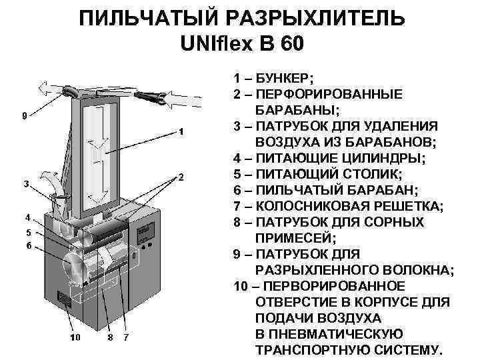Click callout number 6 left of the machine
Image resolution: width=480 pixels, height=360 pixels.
click(x=29, y=245)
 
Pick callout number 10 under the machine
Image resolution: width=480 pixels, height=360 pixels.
click(x=75, y=337)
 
